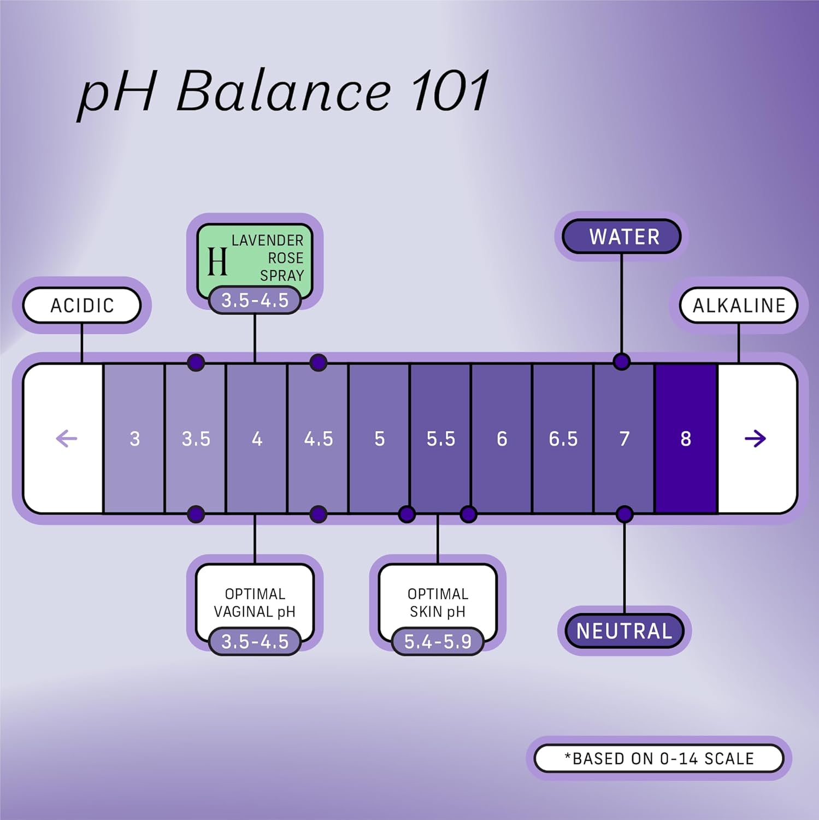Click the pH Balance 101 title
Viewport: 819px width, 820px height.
pyautogui.click(x=284, y=92)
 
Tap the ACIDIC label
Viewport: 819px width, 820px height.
pyautogui.click(x=82, y=305)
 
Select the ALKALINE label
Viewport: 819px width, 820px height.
pyautogui.click(x=739, y=305)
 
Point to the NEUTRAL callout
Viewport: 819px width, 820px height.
pyautogui.click(x=624, y=631)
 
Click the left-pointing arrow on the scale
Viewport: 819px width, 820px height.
pyautogui.click(x=67, y=438)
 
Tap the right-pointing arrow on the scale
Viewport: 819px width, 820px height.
pyautogui.click(x=755, y=438)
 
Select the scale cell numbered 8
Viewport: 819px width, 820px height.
pyautogui.click(x=686, y=438)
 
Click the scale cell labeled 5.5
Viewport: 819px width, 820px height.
pyautogui.click(x=440, y=438)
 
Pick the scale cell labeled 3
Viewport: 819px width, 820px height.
pyautogui.click(x=134, y=438)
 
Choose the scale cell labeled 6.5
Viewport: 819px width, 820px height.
pyautogui.click(x=563, y=438)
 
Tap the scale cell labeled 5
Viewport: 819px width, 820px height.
pyautogui.click(x=379, y=438)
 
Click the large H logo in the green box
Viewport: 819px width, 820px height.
pyautogui.click(x=217, y=261)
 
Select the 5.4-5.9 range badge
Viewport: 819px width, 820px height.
pyautogui.click(x=438, y=641)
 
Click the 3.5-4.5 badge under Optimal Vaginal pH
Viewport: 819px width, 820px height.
pyautogui.click(x=255, y=641)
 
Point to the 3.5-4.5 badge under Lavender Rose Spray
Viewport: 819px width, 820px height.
pyautogui.click(x=255, y=300)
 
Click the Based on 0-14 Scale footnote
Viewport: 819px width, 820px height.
pyautogui.click(x=659, y=758)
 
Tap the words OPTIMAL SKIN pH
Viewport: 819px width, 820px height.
pyautogui.click(x=438, y=602)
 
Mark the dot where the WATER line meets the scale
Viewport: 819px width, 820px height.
pyautogui.click(x=621, y=361)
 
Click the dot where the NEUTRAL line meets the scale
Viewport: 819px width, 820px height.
pyautogui.click(x=624, y=514)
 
